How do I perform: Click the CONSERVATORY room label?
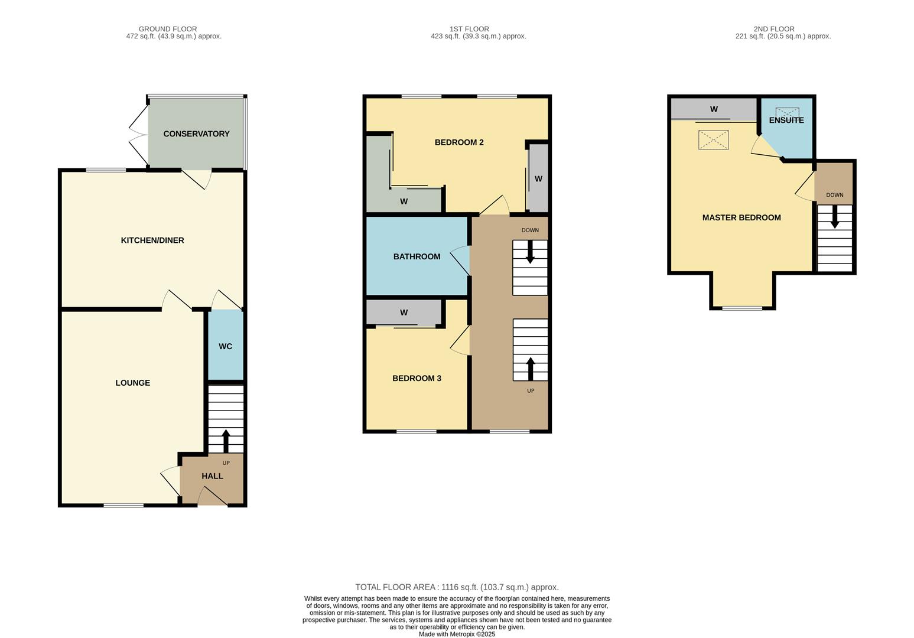tap(196, 134)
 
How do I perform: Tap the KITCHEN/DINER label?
tap(152, 240)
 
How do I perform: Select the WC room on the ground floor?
tap(225, 346)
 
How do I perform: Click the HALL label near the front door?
tap(212, 476)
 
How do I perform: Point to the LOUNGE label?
tap(132, 383)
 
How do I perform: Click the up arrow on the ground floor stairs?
tap(226, 441)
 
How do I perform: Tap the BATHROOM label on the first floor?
tap(417, 256)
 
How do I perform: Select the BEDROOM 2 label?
tap(459, 142)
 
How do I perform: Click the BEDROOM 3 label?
tap(417, 378)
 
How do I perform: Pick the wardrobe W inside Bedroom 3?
tap(404, 313)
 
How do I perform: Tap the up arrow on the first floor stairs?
tap(530, 369)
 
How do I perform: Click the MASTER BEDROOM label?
tap(741, 217)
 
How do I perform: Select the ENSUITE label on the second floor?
tap(786, 120)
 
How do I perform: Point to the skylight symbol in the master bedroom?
tap(714, 140)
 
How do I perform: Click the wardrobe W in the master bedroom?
tap(714, 109)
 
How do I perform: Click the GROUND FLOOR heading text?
tap(168, 29)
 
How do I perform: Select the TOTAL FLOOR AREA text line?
tap(457, 587)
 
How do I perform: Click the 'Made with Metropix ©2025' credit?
tap(457, 634)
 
